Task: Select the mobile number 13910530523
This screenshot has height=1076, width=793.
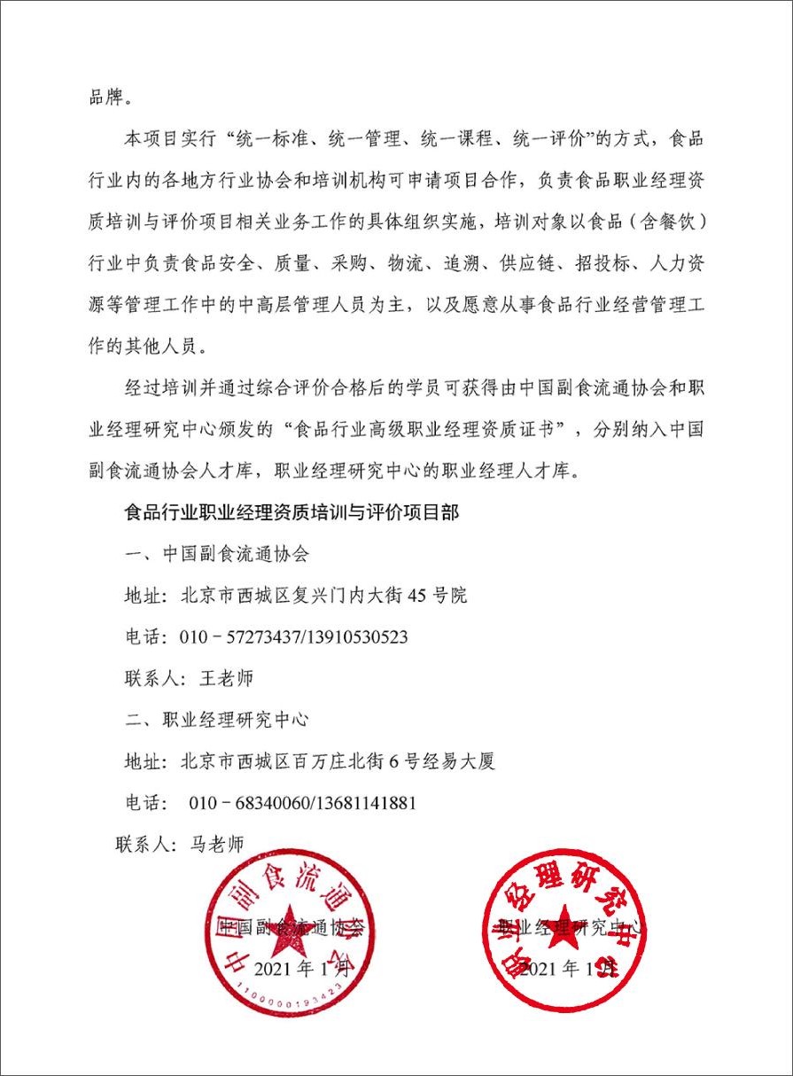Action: (x=357, y=637)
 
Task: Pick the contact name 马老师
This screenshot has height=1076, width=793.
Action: (x=216, y=844)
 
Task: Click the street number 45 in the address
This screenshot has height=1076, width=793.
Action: (x=416, y=596)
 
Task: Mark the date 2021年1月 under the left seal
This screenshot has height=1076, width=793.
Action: (x=301, y=969)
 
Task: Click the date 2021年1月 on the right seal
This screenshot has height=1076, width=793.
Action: (x=567, y=969)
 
